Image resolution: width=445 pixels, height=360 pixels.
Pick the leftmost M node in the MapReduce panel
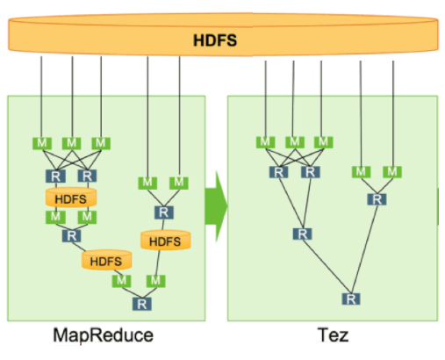pyautogui.click(x=39, y=142)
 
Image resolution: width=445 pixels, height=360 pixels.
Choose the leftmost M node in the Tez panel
pyautogui.click(x=264, y=142)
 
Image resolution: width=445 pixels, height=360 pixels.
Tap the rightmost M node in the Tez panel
pyautogui.click(x=391, y=170)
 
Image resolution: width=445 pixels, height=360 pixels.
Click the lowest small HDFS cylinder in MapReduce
pyautogui.click(x=105, y=261)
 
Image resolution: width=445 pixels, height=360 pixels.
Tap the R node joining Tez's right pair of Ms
pyautogui.click(x=377, y=199)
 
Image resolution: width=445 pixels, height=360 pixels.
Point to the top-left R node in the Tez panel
pyautogui.click(x=279, y=171)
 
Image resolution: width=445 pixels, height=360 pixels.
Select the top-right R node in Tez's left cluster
pyautogui.click(x=309, y=171)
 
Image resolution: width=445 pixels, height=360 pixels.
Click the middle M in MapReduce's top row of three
pyautogui.click(x=71, y=142)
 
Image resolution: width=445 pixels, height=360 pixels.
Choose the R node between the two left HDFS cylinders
pyautogui.click(x=70, y=235)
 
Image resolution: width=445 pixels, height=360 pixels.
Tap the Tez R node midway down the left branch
pyautogui.click(x=302, y=234)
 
